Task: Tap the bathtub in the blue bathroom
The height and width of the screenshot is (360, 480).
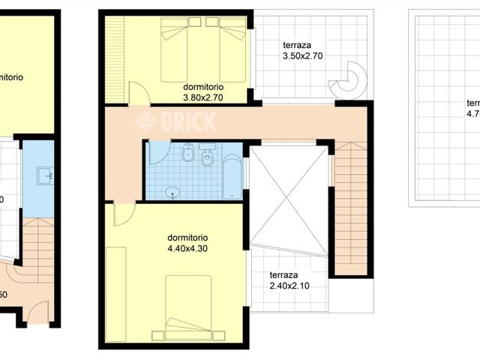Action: click(232, 177)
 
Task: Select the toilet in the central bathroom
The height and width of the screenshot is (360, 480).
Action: click(208, 159)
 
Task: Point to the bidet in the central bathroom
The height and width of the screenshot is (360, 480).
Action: click(189, 157)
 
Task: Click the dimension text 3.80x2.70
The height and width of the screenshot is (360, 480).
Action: click(202, 96)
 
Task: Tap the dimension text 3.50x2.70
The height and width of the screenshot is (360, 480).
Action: click(302, 56)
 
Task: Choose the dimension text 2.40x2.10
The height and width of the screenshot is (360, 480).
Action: click(289, 285)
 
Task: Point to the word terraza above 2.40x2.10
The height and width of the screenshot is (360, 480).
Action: click(285, 274)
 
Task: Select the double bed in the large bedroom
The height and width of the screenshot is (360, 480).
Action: click(188, 307)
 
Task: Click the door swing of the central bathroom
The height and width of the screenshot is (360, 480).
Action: click(157, 152)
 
